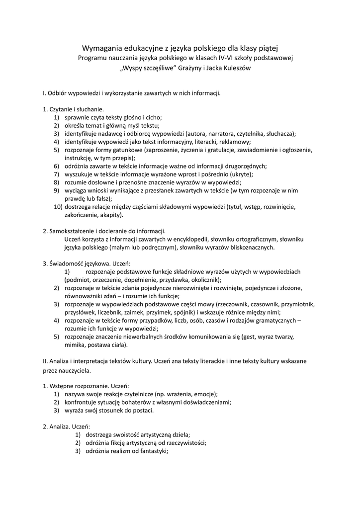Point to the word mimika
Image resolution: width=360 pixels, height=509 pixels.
coord(75,344)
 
